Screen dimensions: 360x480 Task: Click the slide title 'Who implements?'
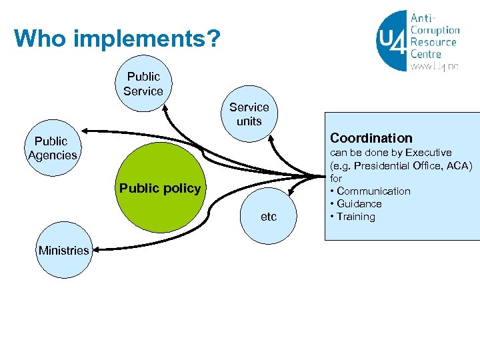(117, 39)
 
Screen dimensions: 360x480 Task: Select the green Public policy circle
(160, 188)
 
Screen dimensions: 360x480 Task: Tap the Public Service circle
(143, 84)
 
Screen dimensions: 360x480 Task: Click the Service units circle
(249, 114)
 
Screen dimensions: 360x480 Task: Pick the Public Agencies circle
(52, 148)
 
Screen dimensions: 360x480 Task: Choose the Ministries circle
(63, 251)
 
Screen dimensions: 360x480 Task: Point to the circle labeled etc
(268, 217)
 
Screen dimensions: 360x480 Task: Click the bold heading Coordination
(371, 138)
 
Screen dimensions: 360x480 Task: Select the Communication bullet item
(373, 191)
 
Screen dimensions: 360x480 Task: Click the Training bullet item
(355, 217)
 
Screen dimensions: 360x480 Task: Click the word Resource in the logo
(434, 41)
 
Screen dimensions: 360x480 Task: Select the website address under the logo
(435, 67)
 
